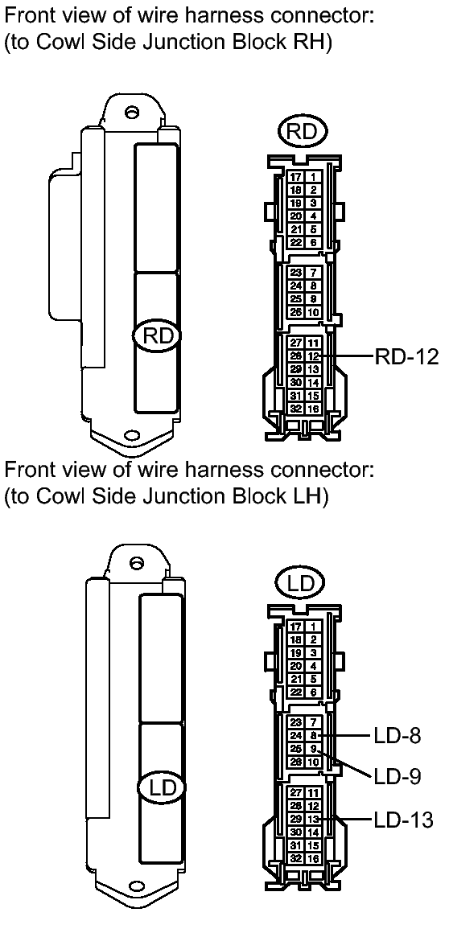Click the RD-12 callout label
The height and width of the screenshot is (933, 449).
click(x=406, y=356)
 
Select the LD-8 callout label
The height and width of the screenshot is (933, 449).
click(x=398, y=736)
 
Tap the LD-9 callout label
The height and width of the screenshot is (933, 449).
click(x=398, y=776)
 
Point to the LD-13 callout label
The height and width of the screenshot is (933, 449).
click(x=403, y=820)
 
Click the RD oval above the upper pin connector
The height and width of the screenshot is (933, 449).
click(x=303, y=132)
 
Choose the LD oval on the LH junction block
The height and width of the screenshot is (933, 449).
click(x=162, y=787)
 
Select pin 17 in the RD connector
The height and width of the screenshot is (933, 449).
click(x=296, y=177)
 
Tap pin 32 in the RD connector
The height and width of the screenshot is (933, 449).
click(x=296, y=409)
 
